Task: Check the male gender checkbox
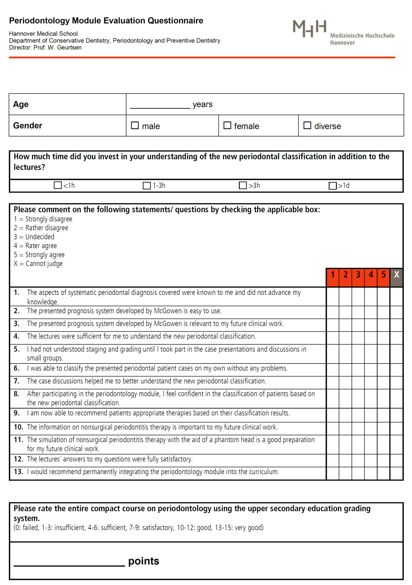[135, 126]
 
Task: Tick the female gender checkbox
[227, 126]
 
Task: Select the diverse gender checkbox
[307, 126]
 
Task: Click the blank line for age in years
[160, 105]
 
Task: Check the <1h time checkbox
[58, 186]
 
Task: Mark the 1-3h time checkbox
[147, 186]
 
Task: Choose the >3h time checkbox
[243, 186]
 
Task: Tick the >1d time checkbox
[333, 186]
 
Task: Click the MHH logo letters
[310, 28]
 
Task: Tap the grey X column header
[397, 275]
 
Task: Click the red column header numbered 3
[358, 275]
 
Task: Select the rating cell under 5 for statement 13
[383, 472]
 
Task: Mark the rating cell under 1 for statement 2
[333, 312]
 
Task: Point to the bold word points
[144, 561]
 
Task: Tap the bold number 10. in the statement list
[18, 427]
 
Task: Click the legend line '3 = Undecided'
[34, 237]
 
